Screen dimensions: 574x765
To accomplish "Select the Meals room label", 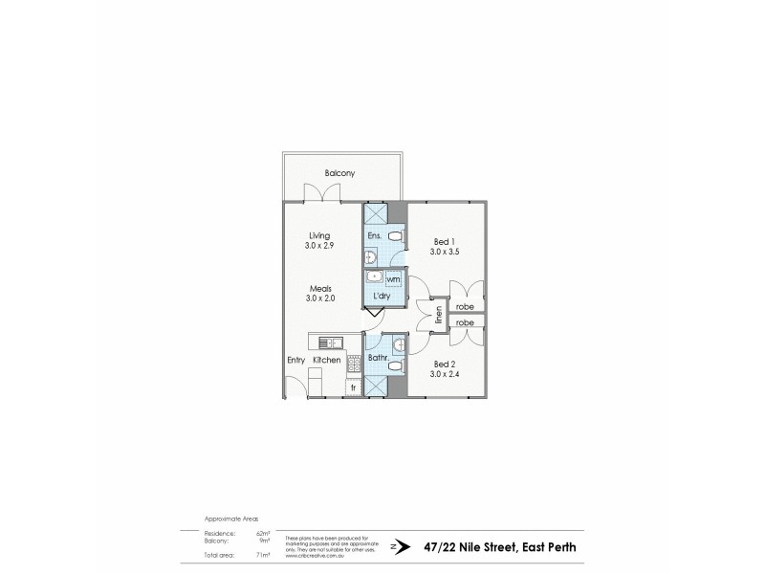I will click(x=319, y=287).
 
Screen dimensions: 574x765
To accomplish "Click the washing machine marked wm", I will click(x=393, y=279).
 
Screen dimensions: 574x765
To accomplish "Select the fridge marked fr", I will click(x=354, y=387).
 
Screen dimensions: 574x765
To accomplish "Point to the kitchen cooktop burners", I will click(x=352, y=363).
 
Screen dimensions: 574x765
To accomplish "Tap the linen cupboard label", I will click(x=439, y=315).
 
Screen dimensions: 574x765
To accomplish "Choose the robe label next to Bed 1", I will click(x=466, y=308).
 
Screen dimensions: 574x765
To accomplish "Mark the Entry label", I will click(x=296, y=360).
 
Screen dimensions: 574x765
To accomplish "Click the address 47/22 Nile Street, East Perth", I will click(x=498, y=545).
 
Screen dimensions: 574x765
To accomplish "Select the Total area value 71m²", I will click(x=264, y=555).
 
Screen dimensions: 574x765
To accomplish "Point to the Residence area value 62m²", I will click(x=264, y=535).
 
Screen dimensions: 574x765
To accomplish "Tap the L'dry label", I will click(x=381, y=297).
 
